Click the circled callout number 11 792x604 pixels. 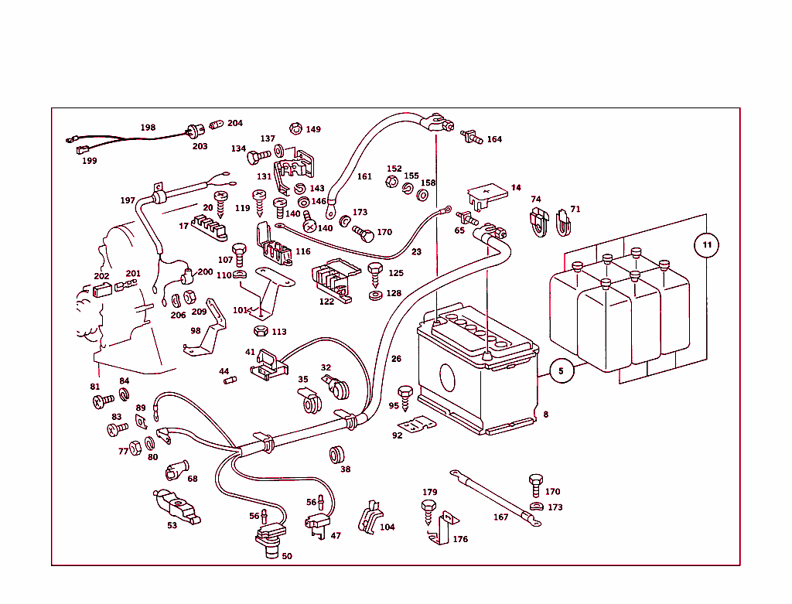pyautogui.click(x=705, y=246)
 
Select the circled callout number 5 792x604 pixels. pyautogui.click(x=562, y=371)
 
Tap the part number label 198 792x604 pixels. pyautogui.click(x=148, y=128)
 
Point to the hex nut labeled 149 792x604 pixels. pyautogui.click(x=294, y=128)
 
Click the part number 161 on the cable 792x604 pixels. pyautogui.click(x=364, y=176)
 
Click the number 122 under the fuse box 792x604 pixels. pyautogui.click(x=326, y=302)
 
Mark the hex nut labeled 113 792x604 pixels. pyautogui.click(x=261, y=331)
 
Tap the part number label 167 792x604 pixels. pyautogui.click(x=501, y=517)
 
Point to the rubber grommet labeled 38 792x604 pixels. pyautogui.click(x=336, y=455)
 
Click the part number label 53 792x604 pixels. pyautogui.click(x=172, y=525)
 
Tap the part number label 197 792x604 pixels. pyautogui.click(x=128, y=200)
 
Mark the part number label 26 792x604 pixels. pyautogui.click(x=396, y=359)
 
